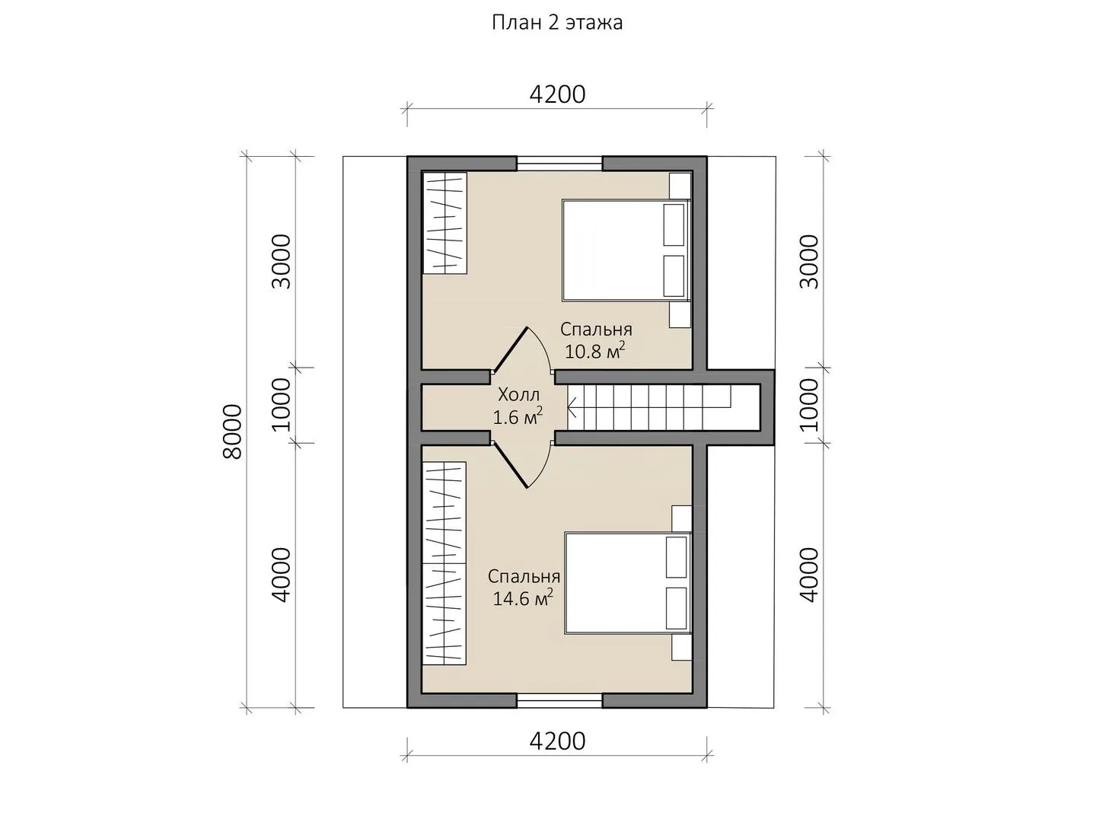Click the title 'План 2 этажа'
[x=556, y=23]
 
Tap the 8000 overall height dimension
[x=232, y=432]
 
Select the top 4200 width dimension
[x=557, y=94]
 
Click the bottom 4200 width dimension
[x=557, y=741]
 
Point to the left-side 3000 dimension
[x=281, y=262]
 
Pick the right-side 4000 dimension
[x=809, y=575]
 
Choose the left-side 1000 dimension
[x=281, y=405]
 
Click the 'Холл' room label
[x=519, y=395]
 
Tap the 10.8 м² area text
[x=594, y=351]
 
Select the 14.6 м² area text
[x=523, y=597]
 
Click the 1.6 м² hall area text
[x=518, y=416]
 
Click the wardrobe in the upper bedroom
[x=445, y=223]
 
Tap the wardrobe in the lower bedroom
[x=444, y=563]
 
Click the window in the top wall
[x=559, y=164]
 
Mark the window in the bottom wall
[x=559, y=700]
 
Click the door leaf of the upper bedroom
[x=510, y=349]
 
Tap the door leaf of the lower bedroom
[x=510, y=466]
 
